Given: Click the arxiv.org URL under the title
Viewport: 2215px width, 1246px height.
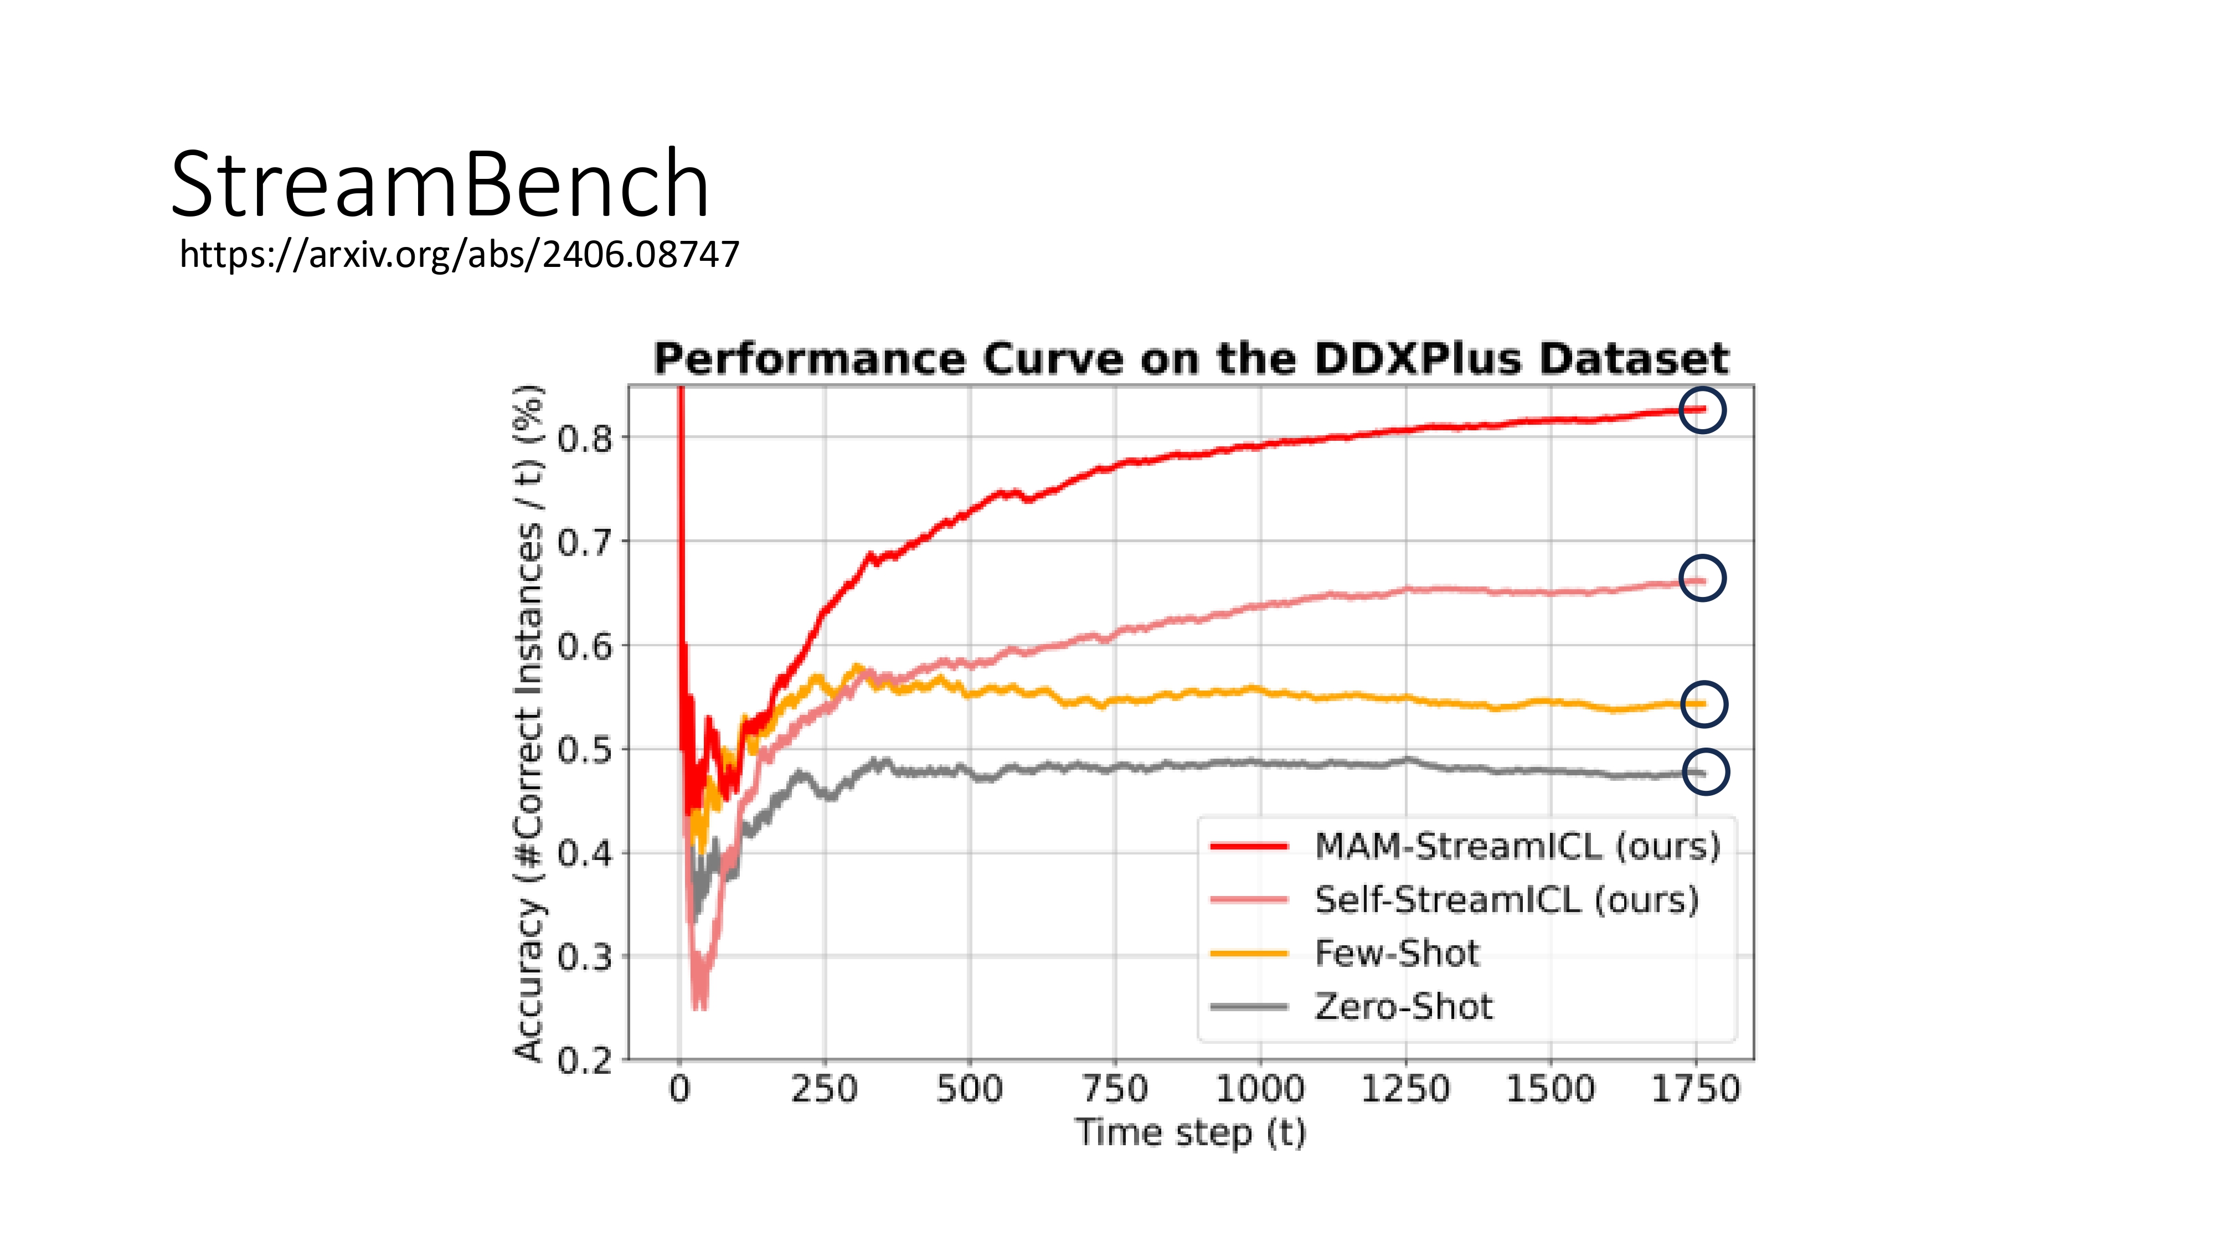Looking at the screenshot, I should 459,255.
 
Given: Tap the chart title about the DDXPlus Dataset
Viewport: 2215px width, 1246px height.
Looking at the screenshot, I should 1191,359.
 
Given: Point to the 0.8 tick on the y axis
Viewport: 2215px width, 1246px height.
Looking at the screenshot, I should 585,439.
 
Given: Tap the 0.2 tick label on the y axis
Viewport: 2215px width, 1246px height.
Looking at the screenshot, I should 585,1061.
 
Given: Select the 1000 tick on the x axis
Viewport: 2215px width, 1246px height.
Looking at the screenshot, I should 1260,1089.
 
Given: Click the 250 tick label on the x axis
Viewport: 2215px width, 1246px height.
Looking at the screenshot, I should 825,1089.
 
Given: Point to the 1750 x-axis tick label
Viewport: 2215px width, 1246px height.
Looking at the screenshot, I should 1696,1089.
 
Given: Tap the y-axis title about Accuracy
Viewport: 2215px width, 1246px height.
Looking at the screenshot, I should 529,722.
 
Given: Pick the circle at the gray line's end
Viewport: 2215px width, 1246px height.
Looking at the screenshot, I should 1704,771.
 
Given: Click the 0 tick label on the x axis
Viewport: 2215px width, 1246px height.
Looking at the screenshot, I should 679,1089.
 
